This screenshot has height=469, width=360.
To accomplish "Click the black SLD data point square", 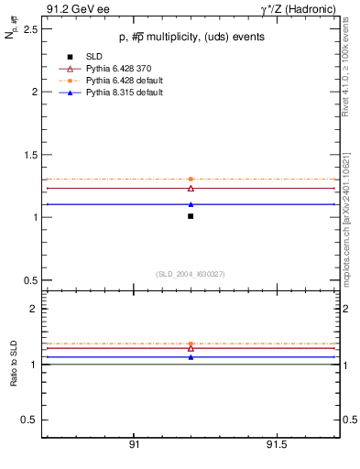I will tap(191, 216).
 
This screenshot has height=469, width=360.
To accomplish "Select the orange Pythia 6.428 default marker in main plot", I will tap(191, 180).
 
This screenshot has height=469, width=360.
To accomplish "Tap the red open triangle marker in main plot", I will tap(191, 188).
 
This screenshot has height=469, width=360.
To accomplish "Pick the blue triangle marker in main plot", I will tap(191, 204).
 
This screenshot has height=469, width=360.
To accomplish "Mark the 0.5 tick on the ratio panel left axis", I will tap(30, 420).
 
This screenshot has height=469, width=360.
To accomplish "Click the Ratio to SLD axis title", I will tap(14, 364).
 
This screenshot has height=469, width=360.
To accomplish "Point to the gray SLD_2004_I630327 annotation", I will tap(191, 273).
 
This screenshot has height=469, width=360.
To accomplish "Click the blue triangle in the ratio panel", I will tap(191, 357).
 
